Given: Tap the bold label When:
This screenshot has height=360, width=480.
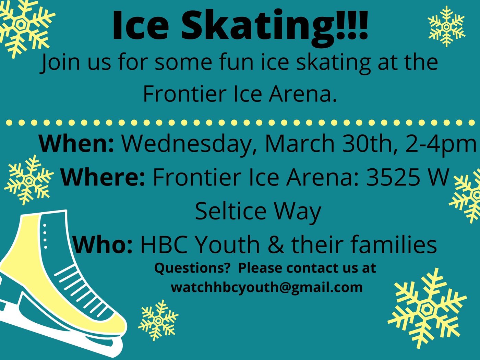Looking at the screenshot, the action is click(76, 144).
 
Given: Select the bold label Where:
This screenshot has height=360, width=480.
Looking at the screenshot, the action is click(103, 177).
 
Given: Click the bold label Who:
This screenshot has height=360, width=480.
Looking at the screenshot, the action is click(103, 244).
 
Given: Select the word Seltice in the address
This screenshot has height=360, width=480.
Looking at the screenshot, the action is click(230, 211).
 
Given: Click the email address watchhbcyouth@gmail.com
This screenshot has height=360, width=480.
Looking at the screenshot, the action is click(266, 287).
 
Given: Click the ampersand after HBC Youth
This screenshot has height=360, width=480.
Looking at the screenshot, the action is click(276, 244).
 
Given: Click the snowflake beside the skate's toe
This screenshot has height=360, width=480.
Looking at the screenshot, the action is click(158, 321).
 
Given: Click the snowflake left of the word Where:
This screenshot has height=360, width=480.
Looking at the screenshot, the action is click(28, 181).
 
